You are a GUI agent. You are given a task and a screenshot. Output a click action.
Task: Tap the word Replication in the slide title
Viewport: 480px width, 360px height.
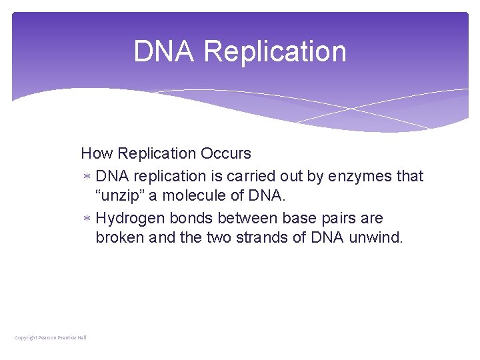(275, 52)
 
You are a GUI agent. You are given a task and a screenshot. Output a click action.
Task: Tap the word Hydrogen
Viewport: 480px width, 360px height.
(131, 219)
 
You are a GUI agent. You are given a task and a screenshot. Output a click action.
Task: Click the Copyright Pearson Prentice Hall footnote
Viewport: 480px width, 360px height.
(51, 338)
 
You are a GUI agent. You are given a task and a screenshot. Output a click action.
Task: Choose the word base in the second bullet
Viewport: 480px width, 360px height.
(299, 219)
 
